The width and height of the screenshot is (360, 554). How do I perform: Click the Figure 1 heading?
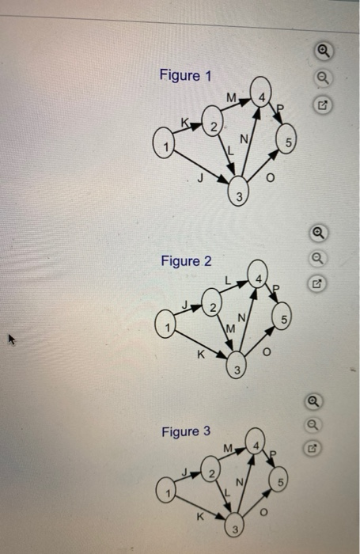[x=185, y=75]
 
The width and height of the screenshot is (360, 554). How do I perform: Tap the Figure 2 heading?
[x=186, y=261]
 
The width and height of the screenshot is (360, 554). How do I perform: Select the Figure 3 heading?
[x=186, y=431]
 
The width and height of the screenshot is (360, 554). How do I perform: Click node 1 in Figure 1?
[x=164, y=142]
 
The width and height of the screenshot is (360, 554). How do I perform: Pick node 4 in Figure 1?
[x=261, y=92]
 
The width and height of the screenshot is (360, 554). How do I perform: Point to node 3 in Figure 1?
[x=238, y=192]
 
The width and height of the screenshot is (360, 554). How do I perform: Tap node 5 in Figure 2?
[x=282, y=316]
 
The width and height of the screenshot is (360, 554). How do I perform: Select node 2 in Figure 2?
[x=211, y=303]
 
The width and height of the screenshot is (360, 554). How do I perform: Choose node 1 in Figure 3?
[x=166, y=490]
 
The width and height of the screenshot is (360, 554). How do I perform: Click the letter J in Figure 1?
[x=200, y=178]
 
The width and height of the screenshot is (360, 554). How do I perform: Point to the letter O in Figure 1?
[x=270, y=178]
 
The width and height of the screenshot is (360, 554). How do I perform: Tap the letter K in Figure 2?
[x=201, y=355]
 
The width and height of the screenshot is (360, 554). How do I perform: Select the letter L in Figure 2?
[x=228, y=281]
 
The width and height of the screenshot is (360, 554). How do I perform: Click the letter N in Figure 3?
[x=240, y=482]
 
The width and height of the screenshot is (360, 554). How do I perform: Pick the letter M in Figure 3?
[x=228, y=449]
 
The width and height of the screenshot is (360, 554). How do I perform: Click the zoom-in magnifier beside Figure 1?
[x=324, y=51]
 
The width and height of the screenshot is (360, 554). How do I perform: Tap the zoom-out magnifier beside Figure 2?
[x=317, y=258]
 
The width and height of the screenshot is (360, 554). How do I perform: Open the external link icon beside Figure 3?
[x=313, y=449]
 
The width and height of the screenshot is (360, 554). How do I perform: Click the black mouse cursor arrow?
[x=12, y=340]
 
